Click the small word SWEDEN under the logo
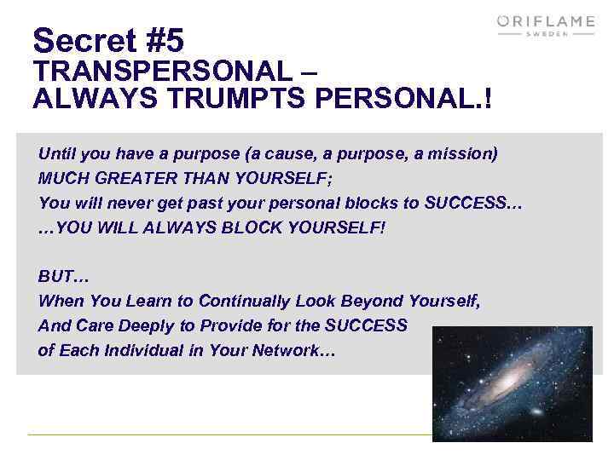tap(546, 35)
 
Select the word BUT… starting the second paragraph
tap(63, 277)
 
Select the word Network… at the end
tap(295, 350)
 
